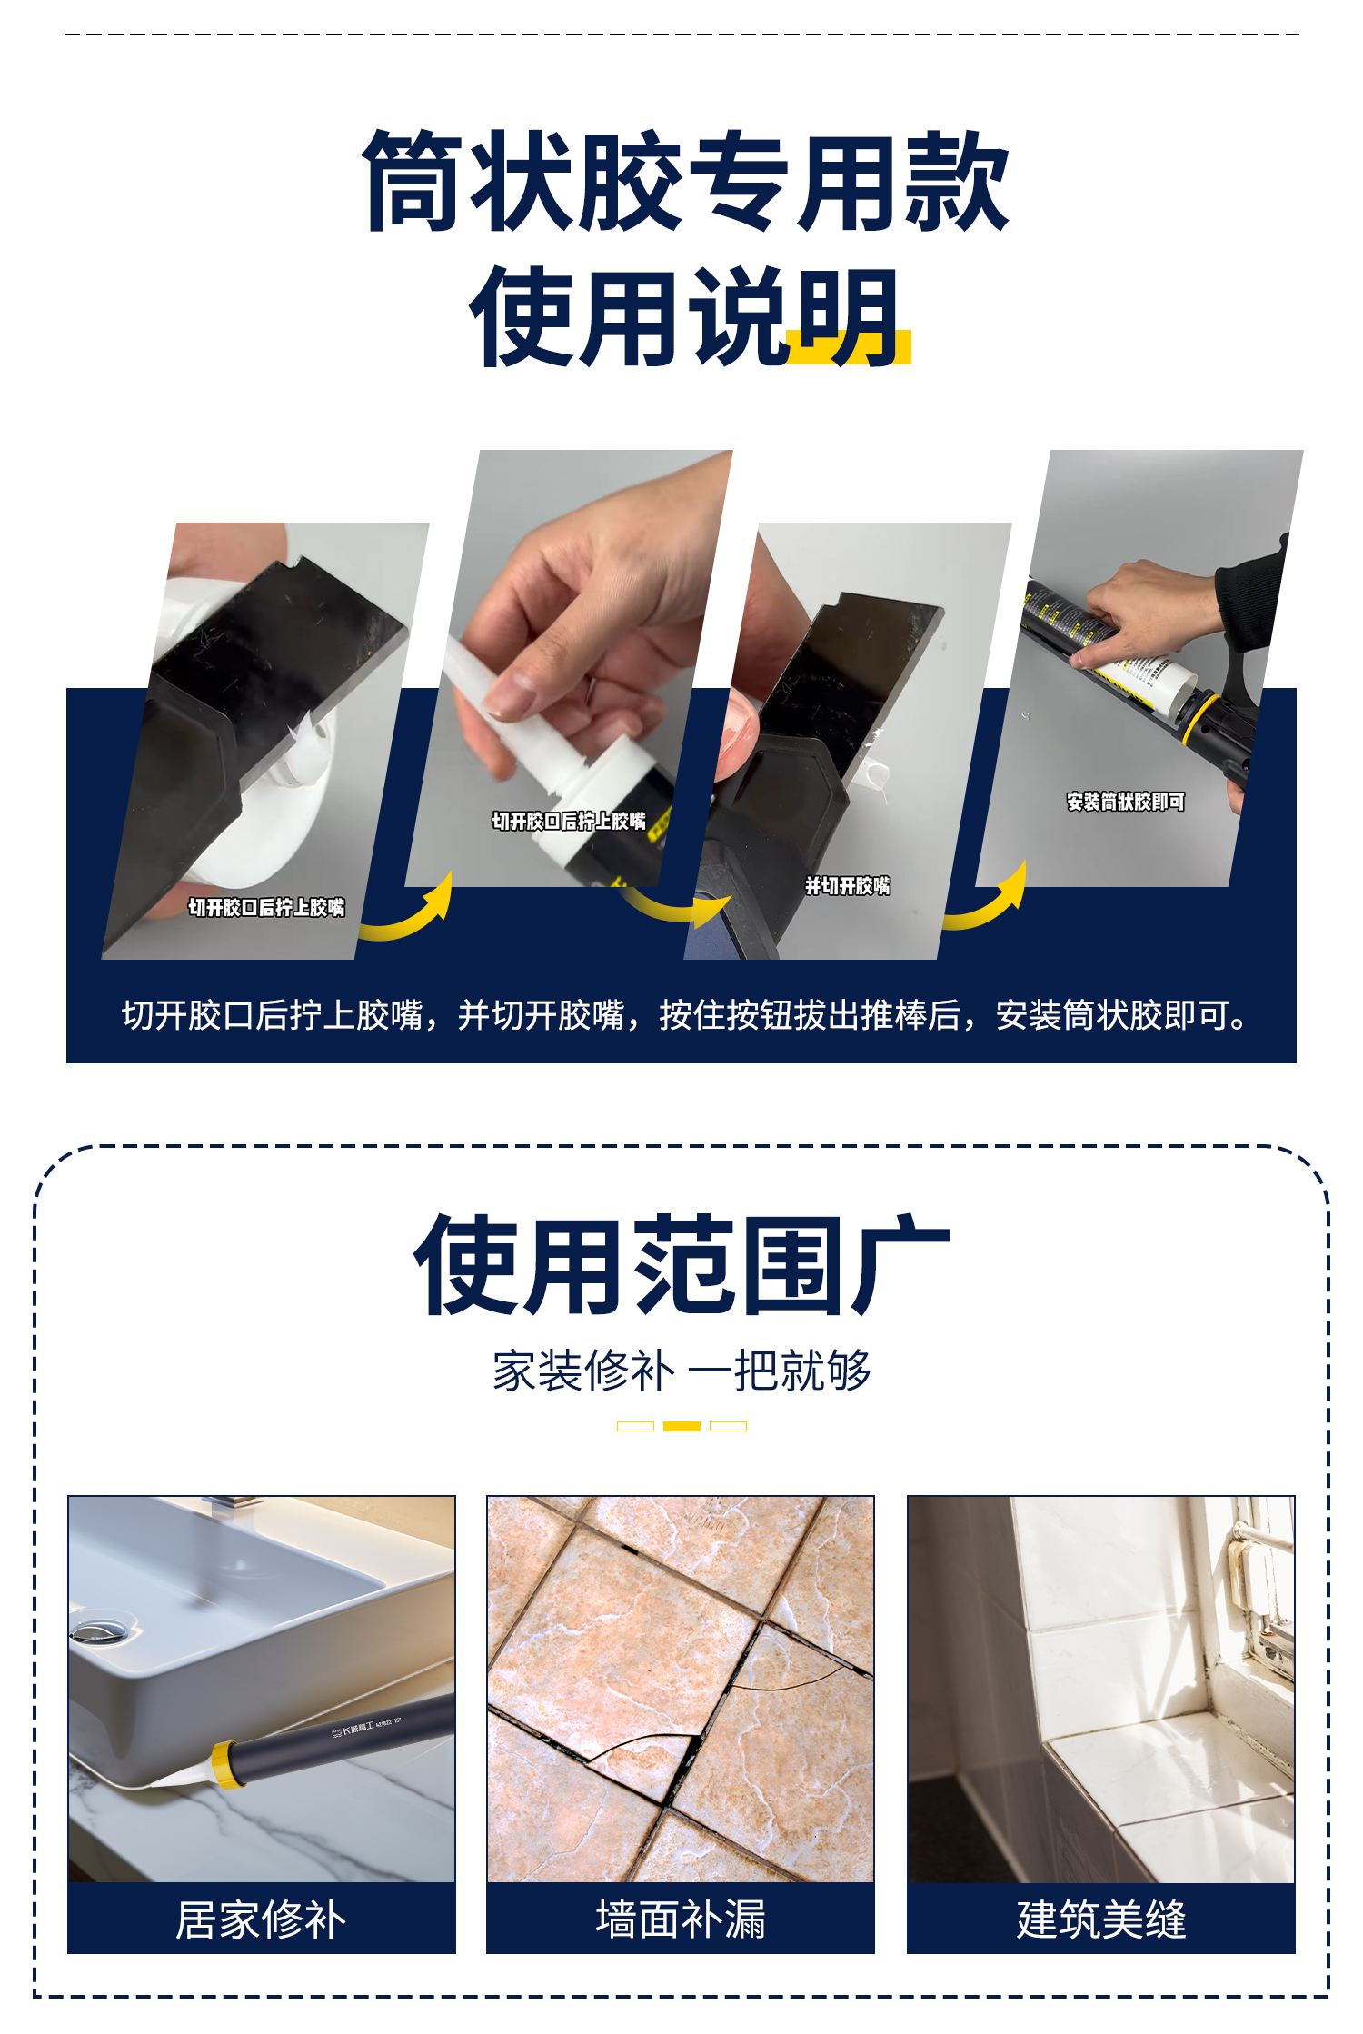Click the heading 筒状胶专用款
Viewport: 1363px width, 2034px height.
click(x=685, y=180)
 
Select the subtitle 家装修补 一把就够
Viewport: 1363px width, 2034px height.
click(x=681, y=1370)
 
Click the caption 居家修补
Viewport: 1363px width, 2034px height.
click(x=261, y=1919)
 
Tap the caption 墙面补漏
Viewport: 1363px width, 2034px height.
click(x=681, y=1919)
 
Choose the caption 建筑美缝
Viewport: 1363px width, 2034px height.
click(x=1101, y=1919)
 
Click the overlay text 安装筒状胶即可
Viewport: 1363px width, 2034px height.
click(x=1126, y=802)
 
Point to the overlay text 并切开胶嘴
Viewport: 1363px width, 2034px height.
click(x=848, y=886)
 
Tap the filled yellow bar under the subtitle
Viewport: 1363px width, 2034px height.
click(x=681, y=1426)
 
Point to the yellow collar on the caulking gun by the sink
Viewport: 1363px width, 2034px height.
click(x=228, y=1765)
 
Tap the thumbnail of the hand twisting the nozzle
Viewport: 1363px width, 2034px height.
click(x=569, y=668)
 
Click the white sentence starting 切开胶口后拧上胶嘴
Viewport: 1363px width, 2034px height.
click(x=685, y=1015)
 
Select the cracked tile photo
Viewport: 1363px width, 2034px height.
click(x=681, y=1689)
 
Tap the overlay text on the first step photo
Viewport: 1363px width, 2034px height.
click(x=266, y=907)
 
